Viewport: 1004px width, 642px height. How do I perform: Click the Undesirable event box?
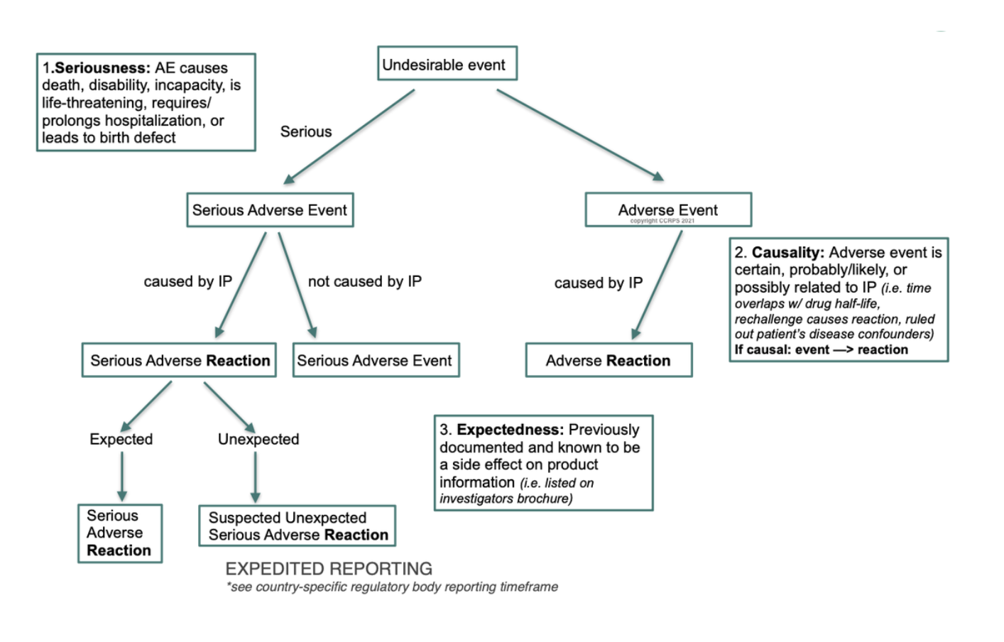click(447, 64)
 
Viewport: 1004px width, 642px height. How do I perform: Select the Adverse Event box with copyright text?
click(667, 210)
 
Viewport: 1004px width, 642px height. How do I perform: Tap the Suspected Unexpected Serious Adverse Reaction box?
click(298, 526)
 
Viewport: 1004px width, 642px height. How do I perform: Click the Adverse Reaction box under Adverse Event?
click(609, 360)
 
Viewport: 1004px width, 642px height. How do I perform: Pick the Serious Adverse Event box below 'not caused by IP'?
click(375, 360)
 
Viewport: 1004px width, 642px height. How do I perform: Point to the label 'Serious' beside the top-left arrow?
click(306, 131)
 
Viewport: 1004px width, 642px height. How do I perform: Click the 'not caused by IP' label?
click(365, 281)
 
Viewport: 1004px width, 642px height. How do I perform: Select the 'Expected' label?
click(121, 439)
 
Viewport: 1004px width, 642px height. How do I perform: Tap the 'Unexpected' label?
click(258, 439)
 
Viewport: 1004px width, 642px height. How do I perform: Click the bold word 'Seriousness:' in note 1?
click(102, 68)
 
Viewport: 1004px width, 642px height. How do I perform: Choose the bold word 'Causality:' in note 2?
click(787, 253)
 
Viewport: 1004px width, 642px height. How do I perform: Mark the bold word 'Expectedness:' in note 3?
click(510, 430)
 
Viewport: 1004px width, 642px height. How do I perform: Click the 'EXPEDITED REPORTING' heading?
click(329, 569)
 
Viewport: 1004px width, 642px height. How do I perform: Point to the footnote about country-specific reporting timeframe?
click(392, 587)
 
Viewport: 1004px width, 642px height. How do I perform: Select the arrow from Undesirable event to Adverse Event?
click(579, 134)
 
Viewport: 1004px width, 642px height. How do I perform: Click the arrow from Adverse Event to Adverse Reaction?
click(657, 284)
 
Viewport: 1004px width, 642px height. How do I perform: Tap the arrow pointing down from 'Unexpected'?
click(256, 477)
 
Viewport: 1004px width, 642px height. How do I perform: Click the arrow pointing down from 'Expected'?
click(122, 476)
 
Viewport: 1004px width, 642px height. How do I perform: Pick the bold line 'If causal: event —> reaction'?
click(821, 349)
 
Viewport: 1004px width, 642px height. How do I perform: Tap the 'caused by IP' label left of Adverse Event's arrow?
click(598, 283)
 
